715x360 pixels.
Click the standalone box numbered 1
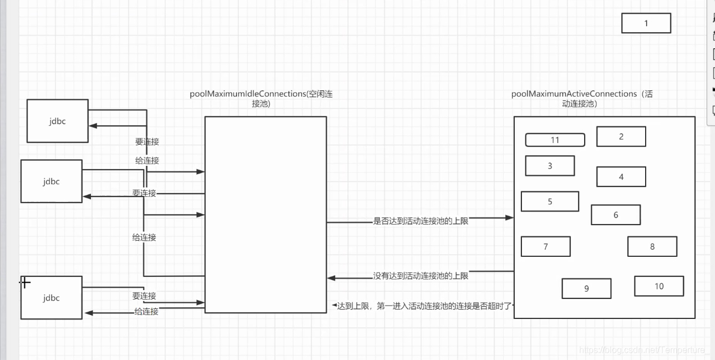click(x=646, y=23)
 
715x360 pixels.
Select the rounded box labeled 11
click(x=555, y=140)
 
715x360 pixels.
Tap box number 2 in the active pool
click(x=621, y=136)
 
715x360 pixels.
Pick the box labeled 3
click(x=550, y=165)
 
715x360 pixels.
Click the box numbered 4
click(x=621, y=176)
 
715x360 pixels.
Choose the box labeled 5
click(x=550, y=201)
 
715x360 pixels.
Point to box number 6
click(x=616, y=215)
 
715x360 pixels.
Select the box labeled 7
click(x=546, y=246)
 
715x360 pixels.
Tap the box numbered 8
click(x=652, y=246)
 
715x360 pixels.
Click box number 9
click(x=586, y=288)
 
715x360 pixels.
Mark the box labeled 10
click(x=659, y=286)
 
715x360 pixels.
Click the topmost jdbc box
click(x=58, y=121)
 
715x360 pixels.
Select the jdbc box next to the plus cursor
click(x=51, y=298)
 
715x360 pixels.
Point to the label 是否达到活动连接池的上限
click(x=421, y=221)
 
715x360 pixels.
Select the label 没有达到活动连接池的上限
click(x=421, y=275)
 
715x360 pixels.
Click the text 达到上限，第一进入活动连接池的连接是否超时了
click(x=424, y=306)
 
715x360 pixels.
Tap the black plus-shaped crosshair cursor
click(x=25, y=283)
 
